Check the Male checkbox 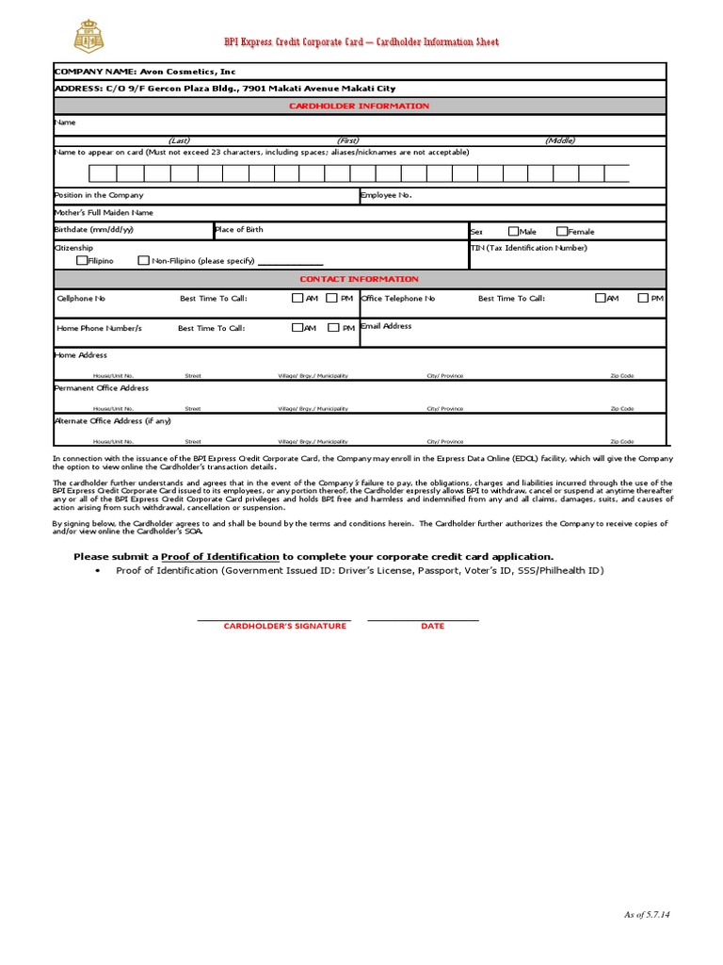(x=513, y=231)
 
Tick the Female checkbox (x=562, y=231)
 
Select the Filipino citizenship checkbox (x=82, y=260)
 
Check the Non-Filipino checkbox (x=143, y=260)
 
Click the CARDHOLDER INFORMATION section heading (x=359, y=106)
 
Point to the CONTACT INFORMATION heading (x=359, y=279)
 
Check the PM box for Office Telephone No (x=643, y=298)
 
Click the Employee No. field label (x=386, y=195)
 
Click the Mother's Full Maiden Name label (x=104, y=213)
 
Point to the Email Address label (x=386, y=326)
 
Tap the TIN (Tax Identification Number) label (x=528, y=248)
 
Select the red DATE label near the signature (x=432, y=626)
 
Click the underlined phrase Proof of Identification (x=220, y=556)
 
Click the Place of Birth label (x=240, y=229)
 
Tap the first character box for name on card (x=103, y=173)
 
